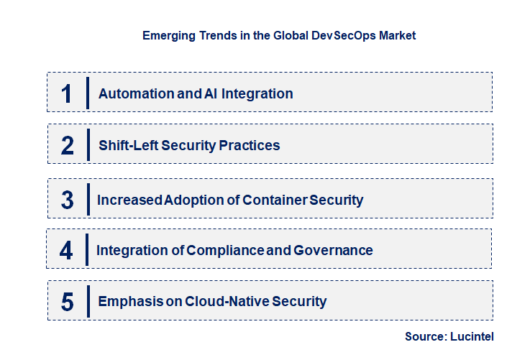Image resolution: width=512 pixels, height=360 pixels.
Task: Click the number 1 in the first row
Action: (67, 93)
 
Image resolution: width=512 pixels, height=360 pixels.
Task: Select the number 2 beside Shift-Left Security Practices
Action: (68, 146)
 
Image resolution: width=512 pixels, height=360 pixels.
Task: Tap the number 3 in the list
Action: (68, 200)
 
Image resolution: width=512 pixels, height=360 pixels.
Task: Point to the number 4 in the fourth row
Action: (67, 251)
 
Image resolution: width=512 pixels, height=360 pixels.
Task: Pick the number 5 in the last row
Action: (68, 302)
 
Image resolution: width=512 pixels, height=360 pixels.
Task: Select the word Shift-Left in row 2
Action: (128, 146)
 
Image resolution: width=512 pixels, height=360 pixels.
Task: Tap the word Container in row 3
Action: (272, 200)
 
